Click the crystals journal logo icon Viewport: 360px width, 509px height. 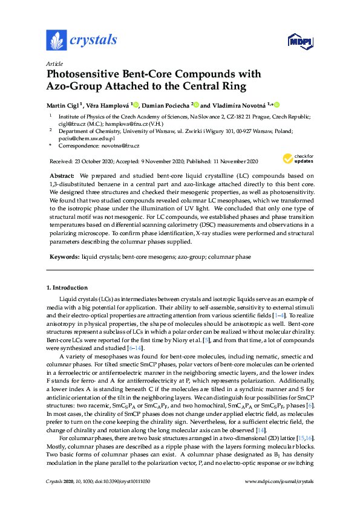56,40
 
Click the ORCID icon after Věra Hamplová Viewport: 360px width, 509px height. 136,105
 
